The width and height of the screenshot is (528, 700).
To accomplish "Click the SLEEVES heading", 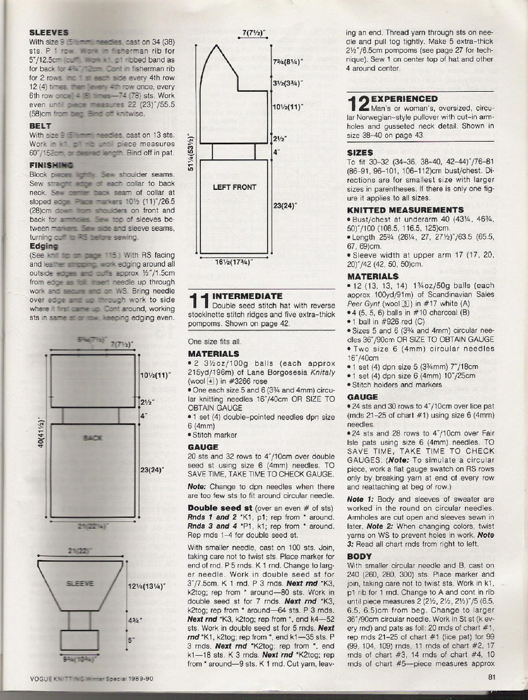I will [49, 33].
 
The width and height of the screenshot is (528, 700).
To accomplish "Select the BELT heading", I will [40, 126].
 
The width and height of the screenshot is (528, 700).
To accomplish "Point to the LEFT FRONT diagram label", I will [234, 187].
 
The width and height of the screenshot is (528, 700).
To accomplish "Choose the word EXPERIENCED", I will [404, 99].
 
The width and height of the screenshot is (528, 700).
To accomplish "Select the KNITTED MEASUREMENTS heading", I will [405, 210].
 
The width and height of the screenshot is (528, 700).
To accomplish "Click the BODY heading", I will [359, 556].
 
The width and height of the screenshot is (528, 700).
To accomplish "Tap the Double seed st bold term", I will [220, 508].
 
